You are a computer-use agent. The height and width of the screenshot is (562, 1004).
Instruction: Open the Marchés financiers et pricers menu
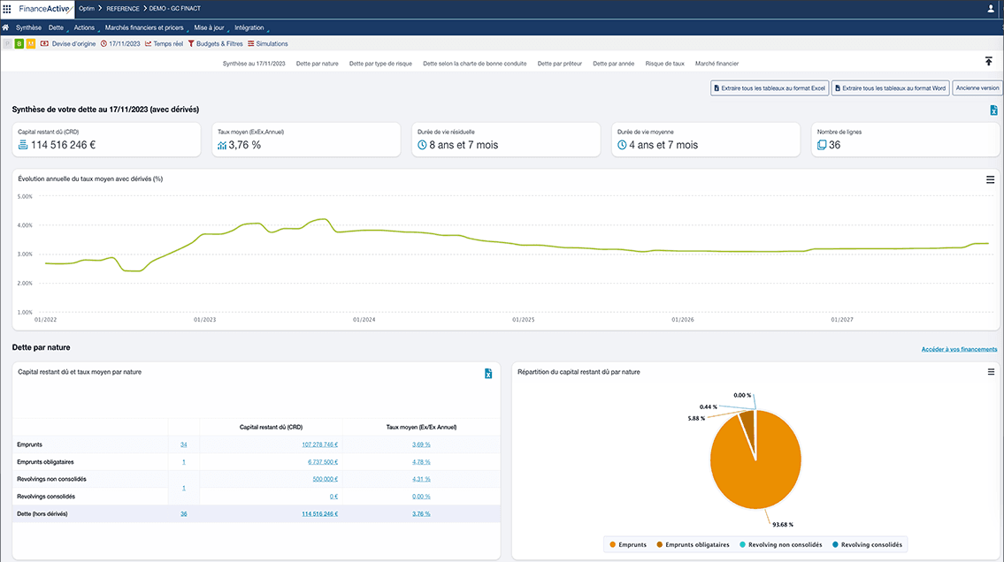coord(144,27)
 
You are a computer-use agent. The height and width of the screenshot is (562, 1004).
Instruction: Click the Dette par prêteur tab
coord(560,64)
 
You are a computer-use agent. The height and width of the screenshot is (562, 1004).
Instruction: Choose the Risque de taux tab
coord(665,64)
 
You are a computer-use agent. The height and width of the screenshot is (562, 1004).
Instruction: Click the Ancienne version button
coord(977,88)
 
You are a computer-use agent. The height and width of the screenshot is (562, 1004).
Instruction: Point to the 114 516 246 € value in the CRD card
coord(64,145)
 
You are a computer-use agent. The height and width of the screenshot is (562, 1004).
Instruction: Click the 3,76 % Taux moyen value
coord(245,145)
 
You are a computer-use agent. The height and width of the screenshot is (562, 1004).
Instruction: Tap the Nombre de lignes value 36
coord(834,145)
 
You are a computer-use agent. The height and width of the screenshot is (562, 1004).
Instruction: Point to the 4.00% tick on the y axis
coord(25,225)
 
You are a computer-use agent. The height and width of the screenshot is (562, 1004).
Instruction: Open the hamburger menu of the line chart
coord(991,179)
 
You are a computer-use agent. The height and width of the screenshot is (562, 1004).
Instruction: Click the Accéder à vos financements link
coord(959,349)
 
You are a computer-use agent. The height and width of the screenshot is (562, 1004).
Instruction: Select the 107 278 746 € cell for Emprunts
coord(319,444)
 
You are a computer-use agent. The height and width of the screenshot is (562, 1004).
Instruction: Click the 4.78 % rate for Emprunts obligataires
coord(421,461)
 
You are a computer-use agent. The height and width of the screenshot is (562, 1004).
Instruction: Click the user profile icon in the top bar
coord(990,9)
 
